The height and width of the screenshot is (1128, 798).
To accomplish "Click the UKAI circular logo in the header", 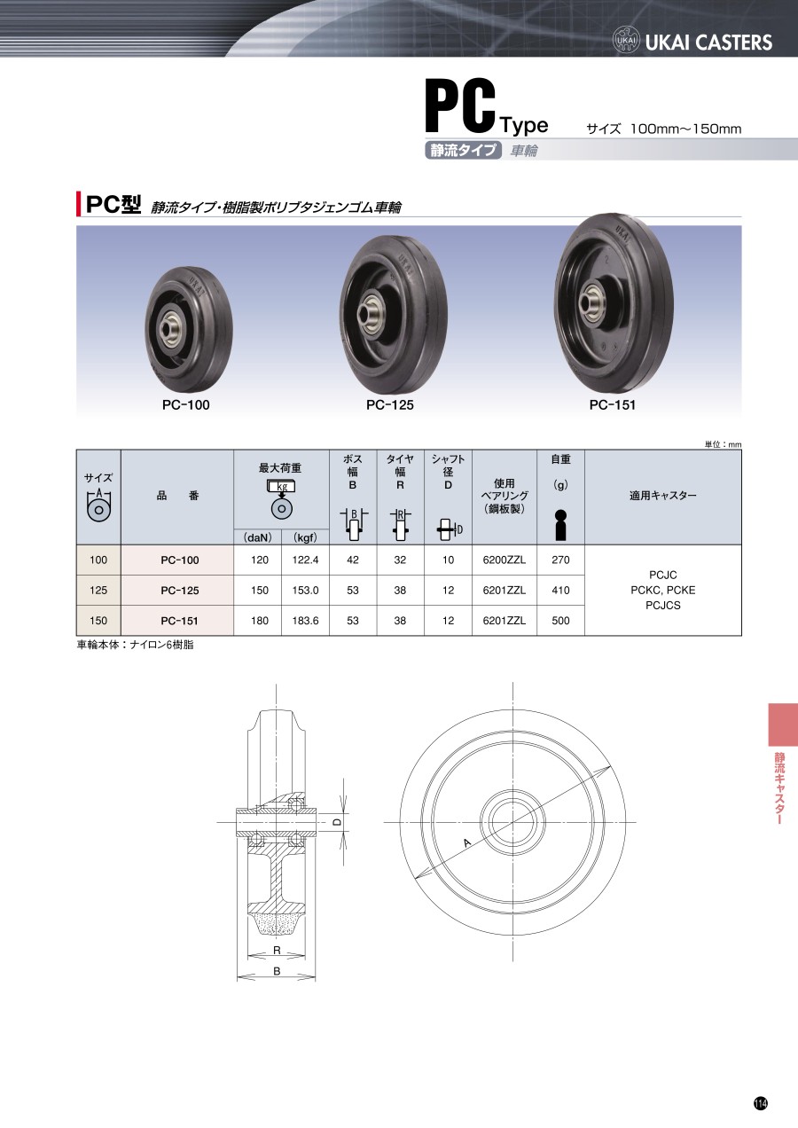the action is pyautogui.click(x=626, y=40).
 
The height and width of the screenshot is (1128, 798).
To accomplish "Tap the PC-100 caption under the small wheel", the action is pyautogui.click(x=186, y=405).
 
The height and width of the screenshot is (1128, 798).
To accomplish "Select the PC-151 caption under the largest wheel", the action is pyautogui.click(x=612, y=405).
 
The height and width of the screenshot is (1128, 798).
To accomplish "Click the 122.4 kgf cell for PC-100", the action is pyautogui.click(x=305, y=560).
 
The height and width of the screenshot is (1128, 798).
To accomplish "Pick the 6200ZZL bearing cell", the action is pyautogui.click(x=504, y=560).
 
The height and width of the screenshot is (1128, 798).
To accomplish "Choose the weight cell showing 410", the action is pyautogui.click(x=560, y=591).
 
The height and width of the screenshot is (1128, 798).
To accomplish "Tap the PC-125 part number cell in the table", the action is pyautogui.click(x=180, y=591).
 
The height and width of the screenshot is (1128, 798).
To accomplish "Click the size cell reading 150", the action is pyautogui.click(x=98, y=621).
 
